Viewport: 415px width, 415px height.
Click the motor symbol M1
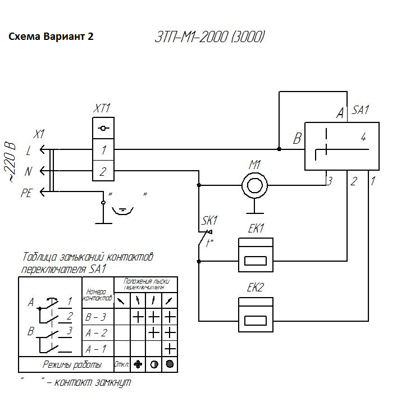(255, 184)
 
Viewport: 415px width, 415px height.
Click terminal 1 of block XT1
(103, 149)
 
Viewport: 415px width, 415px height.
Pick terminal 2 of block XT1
(103, 172)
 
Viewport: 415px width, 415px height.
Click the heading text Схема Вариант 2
(51, 37)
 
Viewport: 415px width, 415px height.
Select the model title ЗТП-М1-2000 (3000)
(209, 38)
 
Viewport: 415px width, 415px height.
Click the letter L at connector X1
(29, 150)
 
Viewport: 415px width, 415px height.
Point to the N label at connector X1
(28, 172)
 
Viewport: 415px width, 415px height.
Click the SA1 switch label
(361, 110)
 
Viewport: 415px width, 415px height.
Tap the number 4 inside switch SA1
(363, 136)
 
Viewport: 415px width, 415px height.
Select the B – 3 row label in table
(95, 317)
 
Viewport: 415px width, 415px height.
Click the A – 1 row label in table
(95, 349)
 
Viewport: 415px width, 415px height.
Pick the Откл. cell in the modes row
(122, 364)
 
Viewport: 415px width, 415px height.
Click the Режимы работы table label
(72, 364)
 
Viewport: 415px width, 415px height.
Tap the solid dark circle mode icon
(170, 364)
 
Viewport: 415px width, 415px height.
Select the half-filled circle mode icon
(154, 364)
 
